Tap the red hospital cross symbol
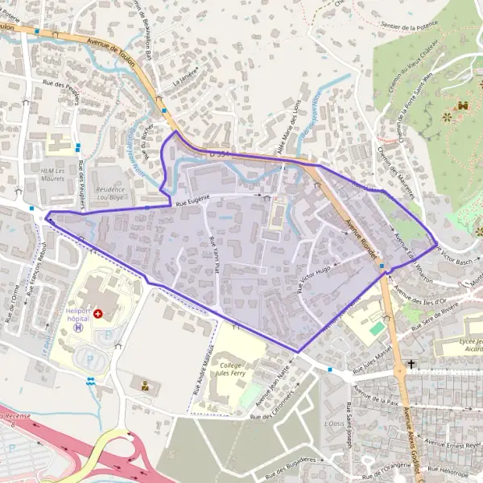pyautogui.click(x=98, y=313)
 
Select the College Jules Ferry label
pyautogui.click(x=232, y=369)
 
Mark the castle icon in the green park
pyautogui.click(x=463, y=105)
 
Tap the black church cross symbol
pyautogui.click(x=411, y=365)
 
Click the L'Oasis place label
pyautogui.click(x=332, y=423)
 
